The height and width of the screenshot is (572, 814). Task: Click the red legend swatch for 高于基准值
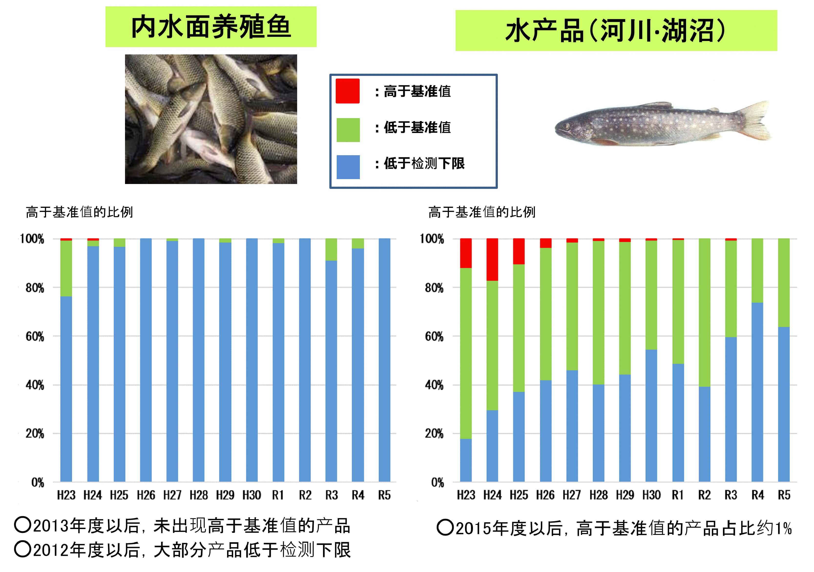pyautogui.click(x=347, y=91)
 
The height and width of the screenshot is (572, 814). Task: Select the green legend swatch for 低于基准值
pyautogui.click(x=348, y=130)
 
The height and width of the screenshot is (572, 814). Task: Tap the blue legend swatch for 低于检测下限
pyautogui.click(x=348, y=167)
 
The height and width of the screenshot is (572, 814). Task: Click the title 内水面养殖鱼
pyautogui.click(x=211, y=27)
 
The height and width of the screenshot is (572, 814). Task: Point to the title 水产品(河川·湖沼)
pyautogui.click(x=616, y=31)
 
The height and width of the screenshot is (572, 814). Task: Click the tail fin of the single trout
pyautogui.click(x=757, y=121)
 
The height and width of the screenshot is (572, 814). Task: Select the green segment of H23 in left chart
pyautogui.click(x=66, y=268)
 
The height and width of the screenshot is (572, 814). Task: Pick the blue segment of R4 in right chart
pyautogui.click(x=757, y=392)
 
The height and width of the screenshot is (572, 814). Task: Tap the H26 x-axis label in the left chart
pyautogui.click(x=146, y=495)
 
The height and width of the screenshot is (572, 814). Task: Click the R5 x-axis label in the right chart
pyautogui.click(x=784, y=495)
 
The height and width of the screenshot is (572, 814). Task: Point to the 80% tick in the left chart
pyautogui.click(x=35, y=288)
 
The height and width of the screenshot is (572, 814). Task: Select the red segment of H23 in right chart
pyautogui.click(x=466, y=253)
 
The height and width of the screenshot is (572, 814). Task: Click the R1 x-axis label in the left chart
pyautogui.click(x=278, y=495)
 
